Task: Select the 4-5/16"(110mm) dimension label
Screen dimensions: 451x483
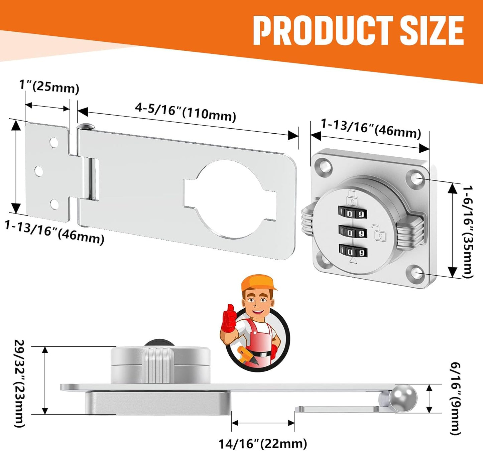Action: coord(186,111)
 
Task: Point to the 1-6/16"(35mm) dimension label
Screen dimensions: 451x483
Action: coord(468,232)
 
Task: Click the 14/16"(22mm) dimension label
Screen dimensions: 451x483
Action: coord(263,444)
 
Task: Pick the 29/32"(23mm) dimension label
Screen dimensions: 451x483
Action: coord(19,383)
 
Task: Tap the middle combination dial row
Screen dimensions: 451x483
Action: coord(352,232)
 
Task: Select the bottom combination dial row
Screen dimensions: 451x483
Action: coord(353,251)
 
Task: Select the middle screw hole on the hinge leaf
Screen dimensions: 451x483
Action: coord(39,171)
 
